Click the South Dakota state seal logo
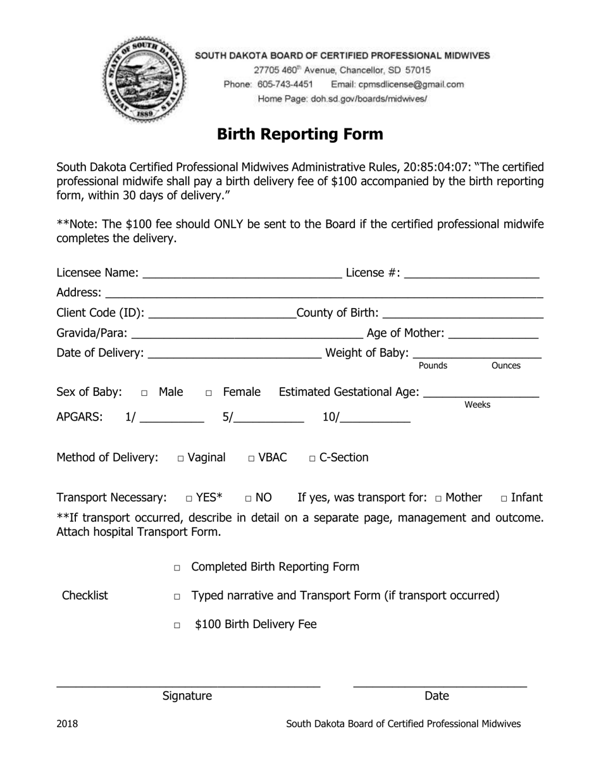point(145,80)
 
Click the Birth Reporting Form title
point(300,134)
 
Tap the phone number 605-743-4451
point(285,84)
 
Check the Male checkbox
point(144,393)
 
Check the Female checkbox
point(209,393)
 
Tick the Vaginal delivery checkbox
point(181,459)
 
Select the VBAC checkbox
point(251,459)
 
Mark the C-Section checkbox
point(313,459)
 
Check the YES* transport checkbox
point(189,499)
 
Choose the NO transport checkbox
point(249,499)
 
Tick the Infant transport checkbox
point(504,499)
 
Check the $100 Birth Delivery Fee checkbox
point(177,626)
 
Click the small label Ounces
point(505,366)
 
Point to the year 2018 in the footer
point(67,724)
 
